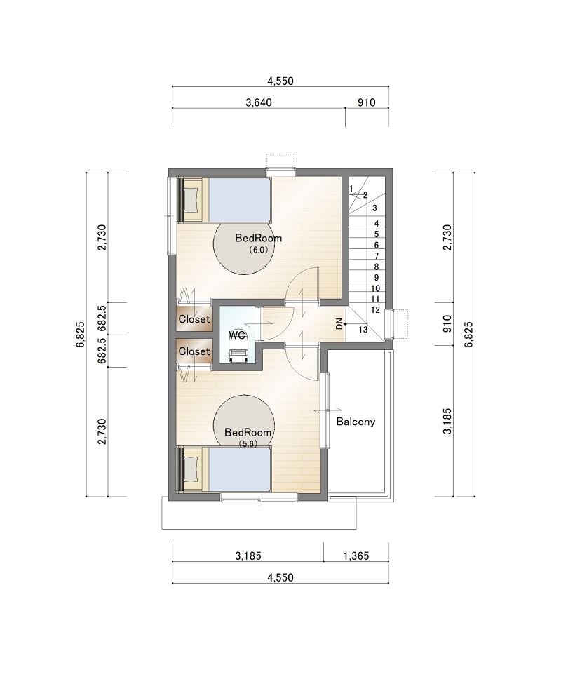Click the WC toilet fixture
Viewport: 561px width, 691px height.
pyautogui.click(x=237, y=350)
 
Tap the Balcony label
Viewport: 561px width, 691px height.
pyautogui.click(x=356, y=422)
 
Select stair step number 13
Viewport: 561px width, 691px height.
pyautogui.click(x=363, y=329)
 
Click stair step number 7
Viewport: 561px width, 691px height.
pyautogui.click(x=377, y=255)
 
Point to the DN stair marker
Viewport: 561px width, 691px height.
pyautogui.click(x=339, y=324)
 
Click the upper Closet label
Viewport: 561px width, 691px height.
pyautogui.click(x=194, y=318)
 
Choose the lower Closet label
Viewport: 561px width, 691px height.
pyautogui.click(x=194, y=351)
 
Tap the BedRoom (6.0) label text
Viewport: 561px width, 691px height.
pyautogui.click(x=259, y=243)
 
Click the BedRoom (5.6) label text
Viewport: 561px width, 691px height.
pyautogui.click(x=248, y=437)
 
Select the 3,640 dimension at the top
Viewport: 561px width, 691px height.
pyautogui.click(x=259, y=102)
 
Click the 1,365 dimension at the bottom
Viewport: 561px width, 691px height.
pyautogui.click(x=356, y=556)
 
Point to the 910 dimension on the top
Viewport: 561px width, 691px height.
pyautogui.click(x=366, y=102)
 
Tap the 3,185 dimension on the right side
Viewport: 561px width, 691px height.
pyautogui.click(x=447, y=422)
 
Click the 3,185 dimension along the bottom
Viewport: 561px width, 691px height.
pyautogui.click(x=248, y=556)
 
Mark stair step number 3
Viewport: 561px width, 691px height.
pyautogui.click(x=374, y=208)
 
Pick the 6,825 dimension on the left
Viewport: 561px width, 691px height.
pyautogui.click(x=80, y=335)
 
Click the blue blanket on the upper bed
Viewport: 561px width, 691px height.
pyautogui.click(x=238, y=200)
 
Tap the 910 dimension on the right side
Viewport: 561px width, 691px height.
pyautogui.click(x=447, y=324)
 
